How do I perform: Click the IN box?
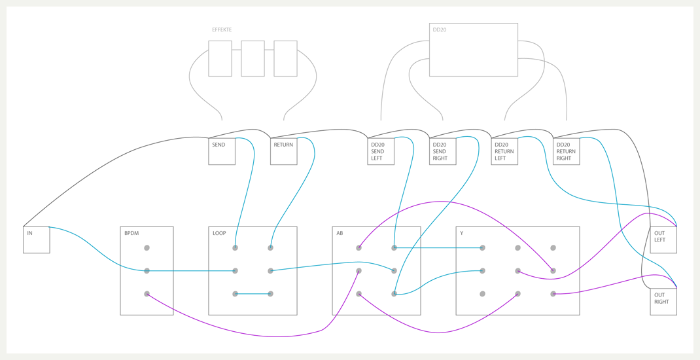(36, 240)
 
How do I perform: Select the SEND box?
(222, 151)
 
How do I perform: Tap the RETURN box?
(283, 151)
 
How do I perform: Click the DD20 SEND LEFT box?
(381, 151)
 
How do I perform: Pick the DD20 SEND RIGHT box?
(442, 151)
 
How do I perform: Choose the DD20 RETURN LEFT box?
(504, 151)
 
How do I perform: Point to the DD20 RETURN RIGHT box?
(566, 151)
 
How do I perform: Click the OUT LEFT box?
(663, 240)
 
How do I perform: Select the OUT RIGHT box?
(663, 302)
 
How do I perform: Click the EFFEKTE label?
(222, 30)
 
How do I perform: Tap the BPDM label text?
(131, 233)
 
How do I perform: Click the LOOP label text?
(219, 233)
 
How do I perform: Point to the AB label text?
(340, 233)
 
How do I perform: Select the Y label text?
(462, 233)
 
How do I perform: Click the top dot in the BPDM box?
(147, 248)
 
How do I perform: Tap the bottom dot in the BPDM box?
(147, 294)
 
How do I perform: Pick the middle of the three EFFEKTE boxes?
(253, 59)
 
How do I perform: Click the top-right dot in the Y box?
(553, 248)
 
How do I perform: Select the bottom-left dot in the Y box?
(482, 294)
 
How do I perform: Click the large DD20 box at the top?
(473, 50)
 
